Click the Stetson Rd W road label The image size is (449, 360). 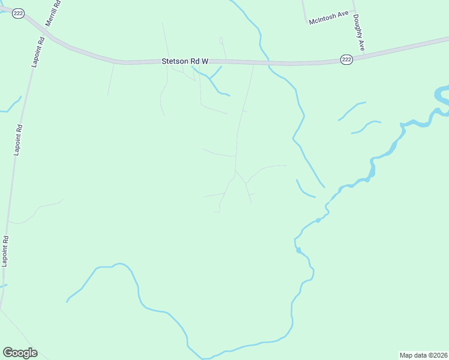click(184, 61)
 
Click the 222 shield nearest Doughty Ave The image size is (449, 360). click(346, 59)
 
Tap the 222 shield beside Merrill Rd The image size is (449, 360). click(18, 13)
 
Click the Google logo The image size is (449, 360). click(20, 353)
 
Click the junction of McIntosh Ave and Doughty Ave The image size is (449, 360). click(352, 11)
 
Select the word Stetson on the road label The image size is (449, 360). click(174, 61)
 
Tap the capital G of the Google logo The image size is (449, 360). click(8, 352)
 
